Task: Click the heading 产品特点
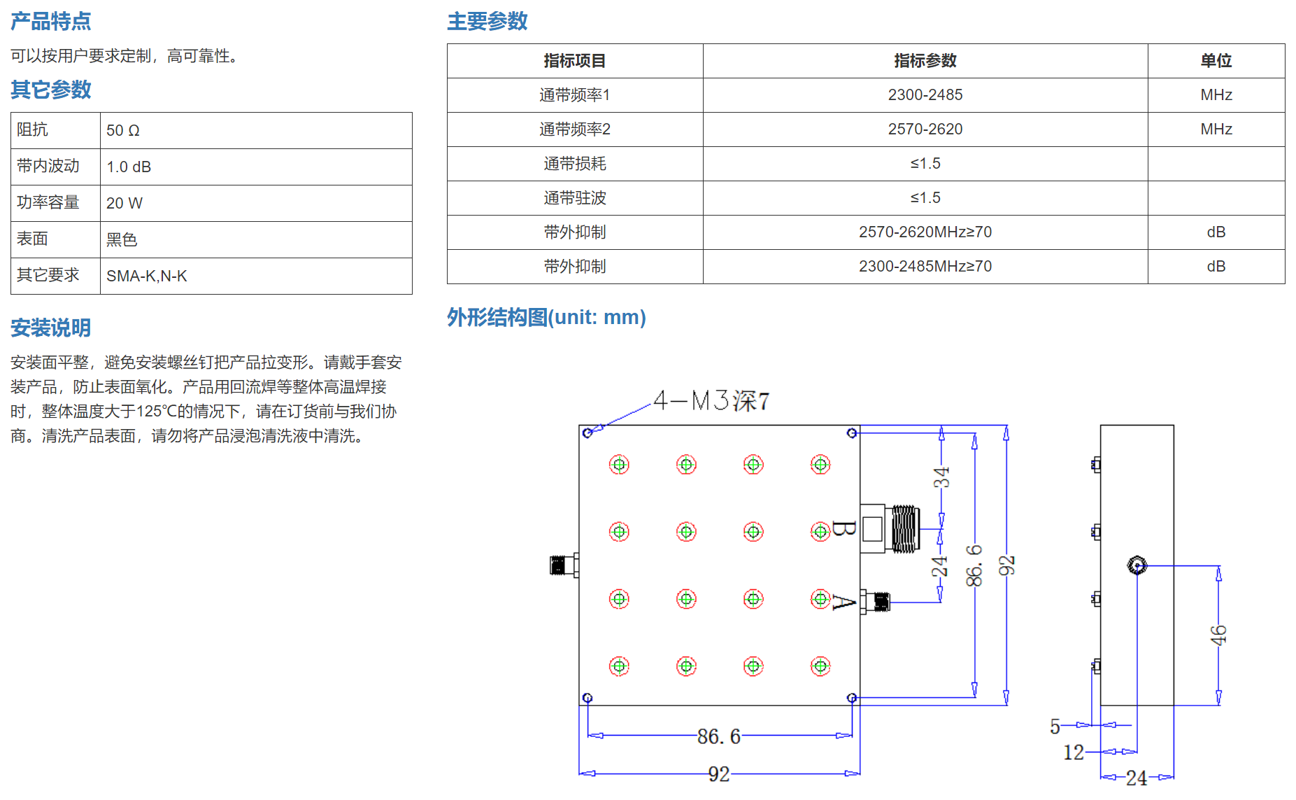click(50, 21)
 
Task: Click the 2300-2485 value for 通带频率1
click(925, 94)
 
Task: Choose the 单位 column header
click(1216, 61)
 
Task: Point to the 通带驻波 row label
click(575, 198)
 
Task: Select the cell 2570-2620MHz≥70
click(925, 232)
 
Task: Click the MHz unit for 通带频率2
click(1216, 129)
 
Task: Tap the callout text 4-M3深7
click(711, 400)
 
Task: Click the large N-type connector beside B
click(890, 528)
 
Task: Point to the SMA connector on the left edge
click(564, 565)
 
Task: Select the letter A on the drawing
click(843, 602)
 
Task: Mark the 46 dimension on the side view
click(1218, 635)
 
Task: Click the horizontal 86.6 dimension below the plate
click(719, 736)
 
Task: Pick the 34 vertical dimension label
click(941, 477)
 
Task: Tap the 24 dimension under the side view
click(1137, 778)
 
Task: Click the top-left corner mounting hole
click(588, 433)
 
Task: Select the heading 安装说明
click(50, 328)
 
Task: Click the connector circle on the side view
click(1137, 565)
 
